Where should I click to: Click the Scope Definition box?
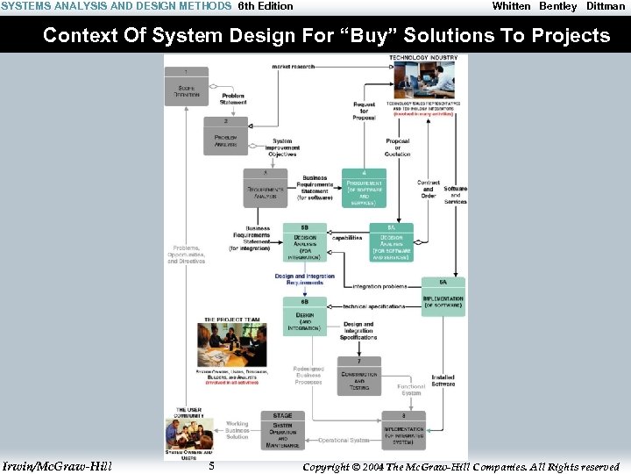point(187,86)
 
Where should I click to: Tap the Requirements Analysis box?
point(265,188)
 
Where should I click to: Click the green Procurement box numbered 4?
point(364,189)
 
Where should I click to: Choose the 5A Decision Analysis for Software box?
point(391,243)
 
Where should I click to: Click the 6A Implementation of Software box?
point(443,297)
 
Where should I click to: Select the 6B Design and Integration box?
point(305,316)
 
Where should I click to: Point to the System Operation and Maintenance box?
point(282,432)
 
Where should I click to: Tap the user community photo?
point(188,434)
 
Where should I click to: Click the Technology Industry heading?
point(423,59)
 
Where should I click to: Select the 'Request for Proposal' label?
point(364,111)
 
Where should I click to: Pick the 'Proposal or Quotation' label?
point(397,147)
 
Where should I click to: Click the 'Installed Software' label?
point(443,379)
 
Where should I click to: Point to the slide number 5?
point(212,466)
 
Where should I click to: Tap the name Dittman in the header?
point(606,6)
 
